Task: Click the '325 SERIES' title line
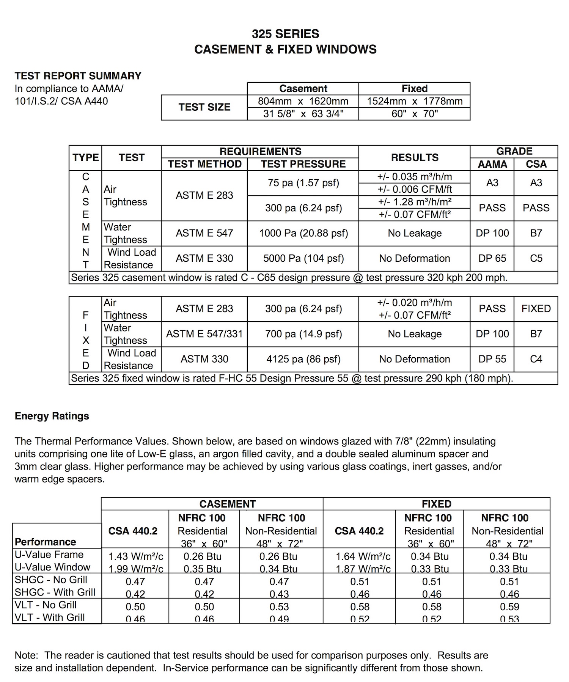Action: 285,34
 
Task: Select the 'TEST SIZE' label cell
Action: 204,107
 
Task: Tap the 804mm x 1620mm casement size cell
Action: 303,101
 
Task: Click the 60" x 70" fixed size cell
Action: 415,114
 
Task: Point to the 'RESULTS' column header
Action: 415,158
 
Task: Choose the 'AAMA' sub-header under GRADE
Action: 492,164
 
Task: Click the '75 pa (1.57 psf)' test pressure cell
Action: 303,183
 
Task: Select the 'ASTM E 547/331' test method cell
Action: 204,334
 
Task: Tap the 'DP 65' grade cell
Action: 492,258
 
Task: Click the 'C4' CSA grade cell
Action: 536,359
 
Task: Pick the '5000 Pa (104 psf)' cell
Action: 303,258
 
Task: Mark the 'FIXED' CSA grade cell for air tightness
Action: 536,309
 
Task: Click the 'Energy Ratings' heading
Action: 52,416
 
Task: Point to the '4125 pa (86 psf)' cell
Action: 303,359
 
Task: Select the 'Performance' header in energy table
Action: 46,542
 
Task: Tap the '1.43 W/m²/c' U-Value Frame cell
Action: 136,556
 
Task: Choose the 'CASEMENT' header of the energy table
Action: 228,504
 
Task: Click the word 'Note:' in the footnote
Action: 27,655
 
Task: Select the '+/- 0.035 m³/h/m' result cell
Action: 415,177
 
